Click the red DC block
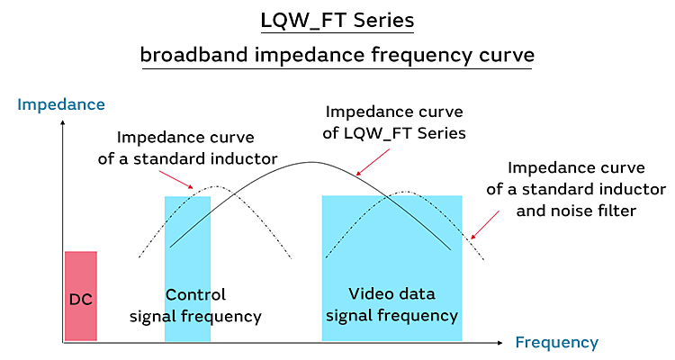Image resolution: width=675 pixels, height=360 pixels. click(x=80, y=296)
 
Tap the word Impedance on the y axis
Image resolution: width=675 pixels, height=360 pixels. click(x=61, y=104)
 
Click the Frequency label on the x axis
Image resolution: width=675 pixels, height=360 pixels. click(x=556, y=342)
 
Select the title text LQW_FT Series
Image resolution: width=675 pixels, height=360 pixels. click(x=337, y=19)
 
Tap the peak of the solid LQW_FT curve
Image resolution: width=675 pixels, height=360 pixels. click(x=311, y=162)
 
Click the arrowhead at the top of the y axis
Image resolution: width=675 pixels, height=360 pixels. click(x=62, y=123)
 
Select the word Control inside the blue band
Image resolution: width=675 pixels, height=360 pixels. click(x=195, y=295)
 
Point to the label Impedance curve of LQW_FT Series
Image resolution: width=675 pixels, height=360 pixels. click(x=394, y=123)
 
